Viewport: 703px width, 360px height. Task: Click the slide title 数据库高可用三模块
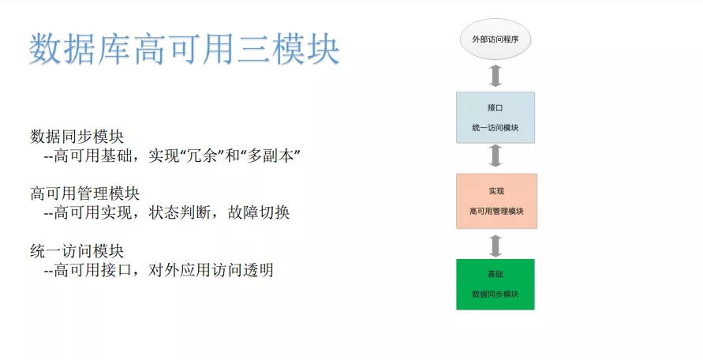tap(185, 50)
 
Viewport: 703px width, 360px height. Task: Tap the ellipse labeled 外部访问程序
tap(495, 38)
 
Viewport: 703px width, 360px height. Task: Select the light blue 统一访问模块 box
tap(495, 117)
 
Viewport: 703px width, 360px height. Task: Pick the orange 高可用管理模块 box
tap(495, 201)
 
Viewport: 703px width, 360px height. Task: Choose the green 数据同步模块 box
tap(495, 283)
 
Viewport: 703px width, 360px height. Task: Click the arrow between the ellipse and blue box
tap(495, 76)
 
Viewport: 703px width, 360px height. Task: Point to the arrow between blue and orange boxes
tap(495, 156)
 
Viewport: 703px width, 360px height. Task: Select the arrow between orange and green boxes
tap(495, 246)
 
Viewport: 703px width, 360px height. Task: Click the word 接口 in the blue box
tap(495, 107)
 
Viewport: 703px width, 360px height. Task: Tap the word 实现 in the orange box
tap(495, 191)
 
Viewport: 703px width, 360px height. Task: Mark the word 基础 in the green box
tap(495, 274)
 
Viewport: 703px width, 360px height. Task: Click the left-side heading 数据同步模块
tap(77, 136)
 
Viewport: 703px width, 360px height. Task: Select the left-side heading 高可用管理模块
tap(84, 193)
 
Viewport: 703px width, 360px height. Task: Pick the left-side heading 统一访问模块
tap(77, 251)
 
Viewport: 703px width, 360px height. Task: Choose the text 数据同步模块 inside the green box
tap(495, 294)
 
